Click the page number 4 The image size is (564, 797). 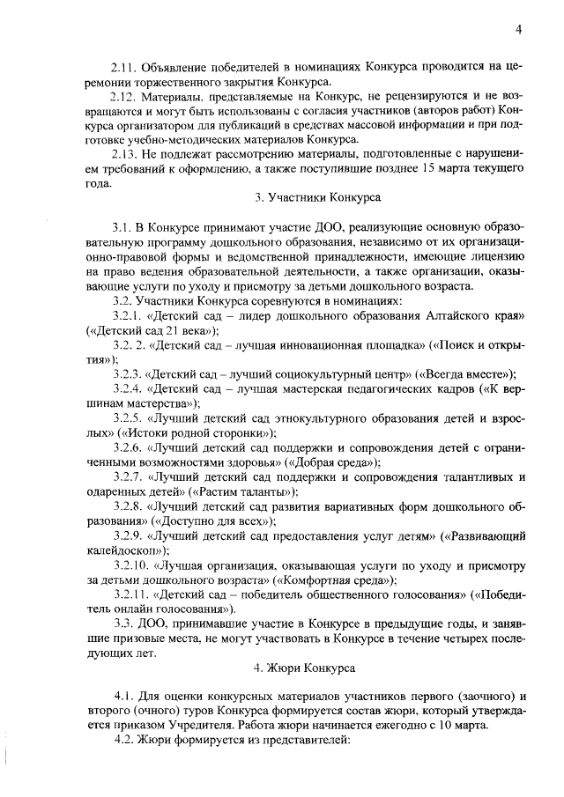[x=520, y=30]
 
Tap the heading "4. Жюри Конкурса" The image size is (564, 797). [x=305, y=668]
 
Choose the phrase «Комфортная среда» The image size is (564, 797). [x=334, y=579]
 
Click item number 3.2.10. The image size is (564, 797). [x=130, y=565]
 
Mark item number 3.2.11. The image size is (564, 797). [x=130, y=594]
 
